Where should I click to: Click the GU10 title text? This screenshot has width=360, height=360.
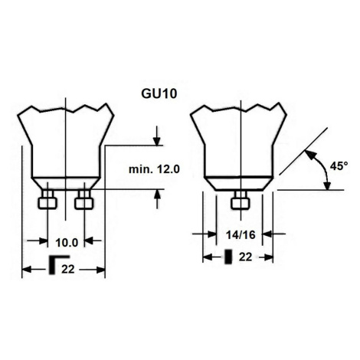click(x=159, y=94)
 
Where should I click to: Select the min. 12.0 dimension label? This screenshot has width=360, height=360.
click(x=154, y=169)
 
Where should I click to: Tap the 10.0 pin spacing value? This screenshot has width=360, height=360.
click(x=67, y=243)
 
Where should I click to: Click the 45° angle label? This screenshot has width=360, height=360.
click(x=339, y=166)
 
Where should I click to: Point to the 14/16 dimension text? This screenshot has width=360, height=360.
click(x=241, y=234)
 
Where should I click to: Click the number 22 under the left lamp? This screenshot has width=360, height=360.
click(x=68, y=269)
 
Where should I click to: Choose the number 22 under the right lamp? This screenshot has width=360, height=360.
click(x=245, y=257)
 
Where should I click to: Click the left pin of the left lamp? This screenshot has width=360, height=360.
click(x=47, y=201)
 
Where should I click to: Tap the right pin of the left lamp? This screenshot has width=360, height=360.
click(x=84, y=201)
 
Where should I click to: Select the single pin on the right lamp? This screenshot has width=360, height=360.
click(x=241, y=201)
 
